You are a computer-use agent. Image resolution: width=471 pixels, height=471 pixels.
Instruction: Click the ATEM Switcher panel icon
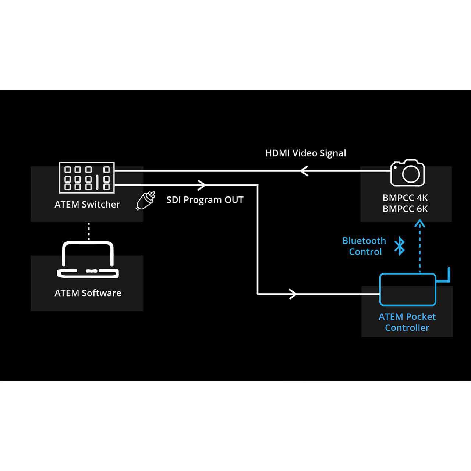point(87,177)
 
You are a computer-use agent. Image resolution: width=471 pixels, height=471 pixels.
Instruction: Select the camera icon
point(407,173)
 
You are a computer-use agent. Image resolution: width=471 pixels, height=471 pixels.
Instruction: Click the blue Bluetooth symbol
point(400,246)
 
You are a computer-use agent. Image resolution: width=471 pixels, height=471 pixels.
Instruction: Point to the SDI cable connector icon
point(145,201)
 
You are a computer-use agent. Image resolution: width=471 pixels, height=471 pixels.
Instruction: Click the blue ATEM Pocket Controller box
point(408,289)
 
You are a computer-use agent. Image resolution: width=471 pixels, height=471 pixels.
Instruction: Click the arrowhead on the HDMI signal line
point(304,171)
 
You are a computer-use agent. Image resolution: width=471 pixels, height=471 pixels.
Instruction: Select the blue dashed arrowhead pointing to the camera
point(420,223)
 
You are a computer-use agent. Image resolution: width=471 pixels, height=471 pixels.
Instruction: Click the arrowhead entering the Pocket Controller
point(293,294)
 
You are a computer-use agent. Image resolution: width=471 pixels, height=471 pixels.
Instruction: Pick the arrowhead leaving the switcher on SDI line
point(202,185)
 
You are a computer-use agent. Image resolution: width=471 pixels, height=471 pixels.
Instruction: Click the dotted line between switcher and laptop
point(88,231)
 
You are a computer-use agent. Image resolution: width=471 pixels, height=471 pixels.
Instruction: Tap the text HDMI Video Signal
point(305,153)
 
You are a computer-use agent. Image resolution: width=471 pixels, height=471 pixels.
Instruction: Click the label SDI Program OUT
point(205,200)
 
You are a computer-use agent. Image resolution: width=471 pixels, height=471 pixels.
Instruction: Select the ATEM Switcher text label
point(87,204)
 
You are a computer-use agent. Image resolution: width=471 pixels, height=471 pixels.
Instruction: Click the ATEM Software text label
point(88,293)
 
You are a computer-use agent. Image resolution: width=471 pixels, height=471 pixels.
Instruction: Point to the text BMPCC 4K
point(405,198)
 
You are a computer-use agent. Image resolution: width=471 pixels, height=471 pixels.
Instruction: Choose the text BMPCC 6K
point(405,209)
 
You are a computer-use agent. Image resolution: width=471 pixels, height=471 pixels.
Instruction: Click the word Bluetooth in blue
point(364,241)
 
